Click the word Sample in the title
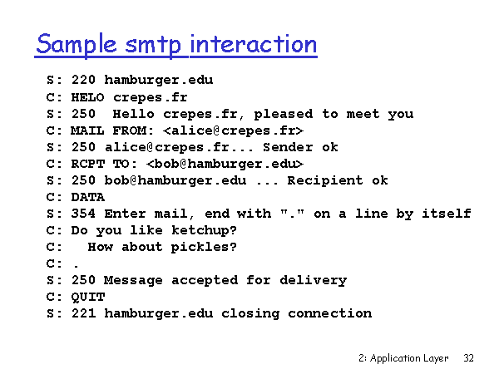tap(77, 45)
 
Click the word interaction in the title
tap(254, 44)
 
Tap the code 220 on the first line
tap(83, 80)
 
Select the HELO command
tap(87, 97)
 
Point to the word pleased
tap(284, 115)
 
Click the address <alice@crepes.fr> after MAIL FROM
tap(233, 130)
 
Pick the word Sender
tap(288, 147)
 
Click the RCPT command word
tap(88, 164)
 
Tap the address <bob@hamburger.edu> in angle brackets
tap(225, 164)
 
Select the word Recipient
tap(325, 180)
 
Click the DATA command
tap(88, 197)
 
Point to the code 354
tap(83, 214)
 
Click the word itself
tap(446, 214)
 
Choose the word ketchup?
tap(204, 230)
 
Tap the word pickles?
tap(204, 247)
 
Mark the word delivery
tap(314, 280)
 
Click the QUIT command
tap(88, 297)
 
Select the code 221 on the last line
tap(83, 313)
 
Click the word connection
tap(329, 313)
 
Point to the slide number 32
tap(468, 358)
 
